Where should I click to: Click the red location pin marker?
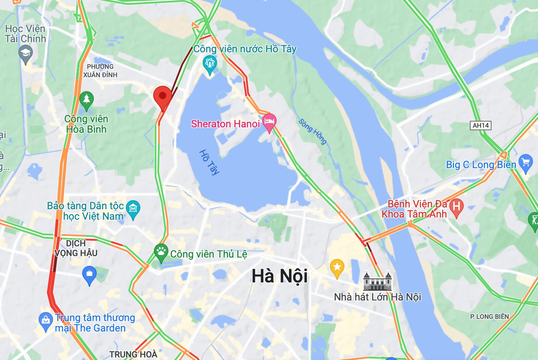point(162,96)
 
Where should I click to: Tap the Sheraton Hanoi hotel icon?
point(269,121)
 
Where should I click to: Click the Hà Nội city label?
point(279,276)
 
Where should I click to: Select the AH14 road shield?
point(481,126)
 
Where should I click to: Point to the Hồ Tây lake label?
point(209,162)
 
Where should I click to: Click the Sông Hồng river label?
point(313,131)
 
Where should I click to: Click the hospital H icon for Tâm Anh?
point(456,206)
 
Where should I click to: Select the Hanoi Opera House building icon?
point(377,281)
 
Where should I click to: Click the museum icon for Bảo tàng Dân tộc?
point(133,208)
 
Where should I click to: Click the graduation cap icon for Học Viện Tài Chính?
point(25,54)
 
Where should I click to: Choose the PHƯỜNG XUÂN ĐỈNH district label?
point(100,71)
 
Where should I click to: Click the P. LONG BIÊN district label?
point(489,317)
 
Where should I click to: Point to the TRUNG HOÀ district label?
point(133,354)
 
